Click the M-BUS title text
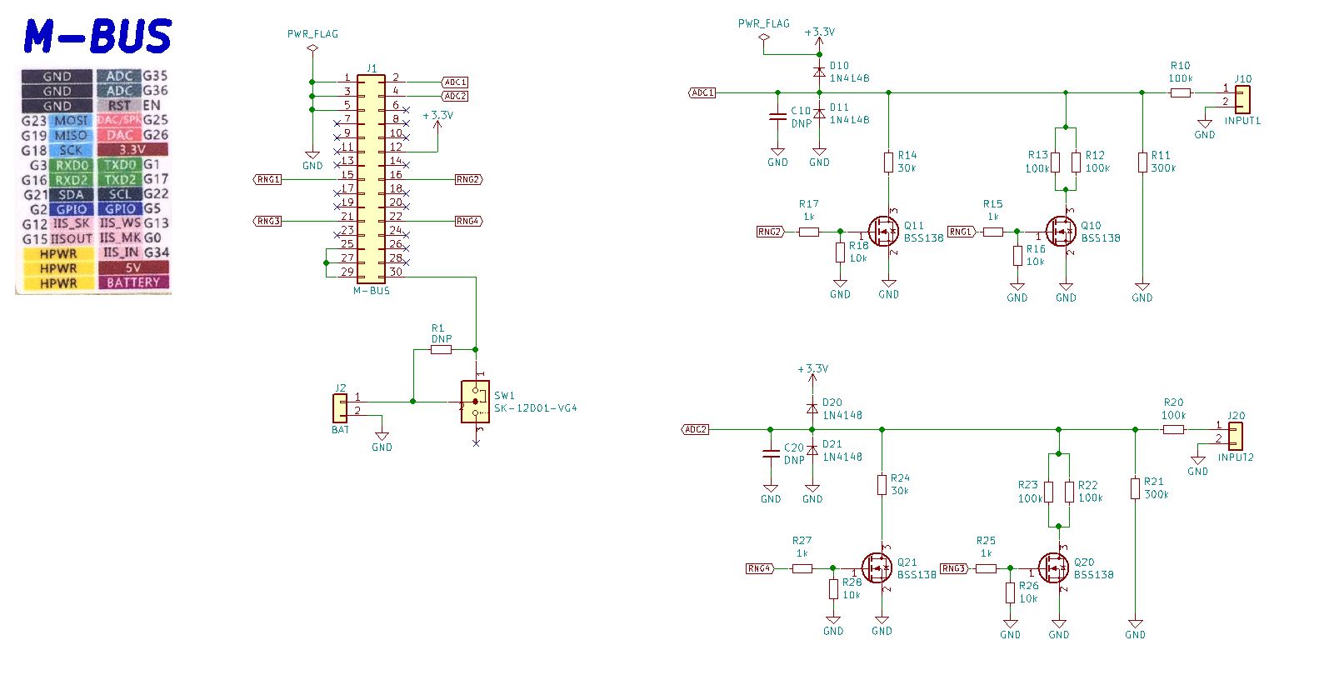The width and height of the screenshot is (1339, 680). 97,37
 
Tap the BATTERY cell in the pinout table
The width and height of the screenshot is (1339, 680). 132,282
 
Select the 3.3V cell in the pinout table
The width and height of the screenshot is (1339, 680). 132,150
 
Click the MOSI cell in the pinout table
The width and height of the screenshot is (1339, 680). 71,121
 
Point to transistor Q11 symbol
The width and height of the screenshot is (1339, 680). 883,231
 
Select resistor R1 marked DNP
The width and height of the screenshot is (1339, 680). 441,350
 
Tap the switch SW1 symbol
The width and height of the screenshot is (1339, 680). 475,402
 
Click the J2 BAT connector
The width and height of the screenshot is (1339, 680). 340,407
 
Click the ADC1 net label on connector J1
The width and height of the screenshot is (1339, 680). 455,82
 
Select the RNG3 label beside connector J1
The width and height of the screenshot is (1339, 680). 268,221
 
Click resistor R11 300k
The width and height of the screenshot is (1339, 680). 1142,162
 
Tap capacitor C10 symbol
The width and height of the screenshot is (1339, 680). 777,117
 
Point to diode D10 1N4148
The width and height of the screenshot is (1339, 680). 819,72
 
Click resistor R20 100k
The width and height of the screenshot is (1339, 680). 1173,429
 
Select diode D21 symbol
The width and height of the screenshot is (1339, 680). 812,450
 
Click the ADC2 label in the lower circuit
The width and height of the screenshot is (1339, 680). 695,429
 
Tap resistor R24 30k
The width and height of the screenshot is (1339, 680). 882,484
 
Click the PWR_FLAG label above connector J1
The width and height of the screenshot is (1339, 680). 312,34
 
